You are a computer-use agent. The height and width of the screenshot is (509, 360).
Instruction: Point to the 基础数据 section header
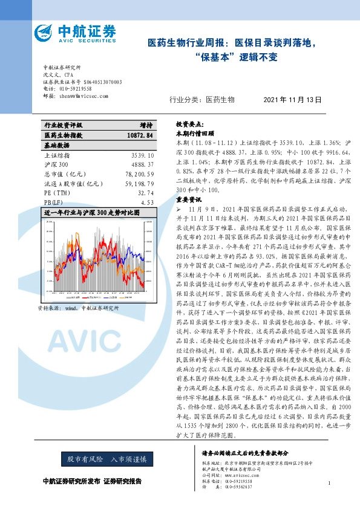coord(56,145)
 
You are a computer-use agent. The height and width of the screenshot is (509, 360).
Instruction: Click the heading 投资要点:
coord(189,122)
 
